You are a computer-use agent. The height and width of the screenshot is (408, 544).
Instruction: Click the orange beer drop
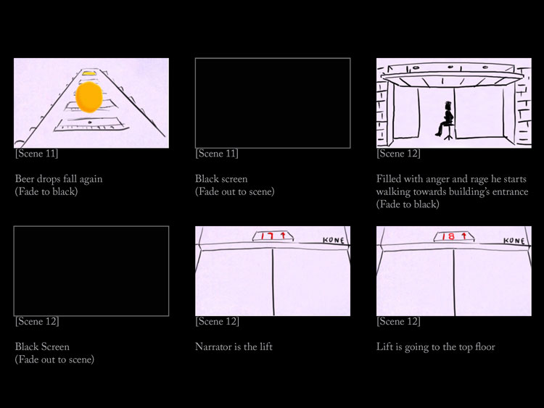[88, 97]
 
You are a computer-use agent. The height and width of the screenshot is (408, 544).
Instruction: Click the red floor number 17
[268, 236]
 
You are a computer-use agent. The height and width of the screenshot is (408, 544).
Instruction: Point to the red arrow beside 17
[283, 236]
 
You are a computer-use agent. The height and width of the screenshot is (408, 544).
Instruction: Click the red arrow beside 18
[464, 236]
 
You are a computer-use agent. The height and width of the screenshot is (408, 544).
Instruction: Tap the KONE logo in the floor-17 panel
[334, 240]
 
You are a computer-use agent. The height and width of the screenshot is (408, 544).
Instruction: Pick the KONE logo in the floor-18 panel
[514, 240]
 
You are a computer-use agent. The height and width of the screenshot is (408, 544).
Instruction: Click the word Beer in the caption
[25, 179]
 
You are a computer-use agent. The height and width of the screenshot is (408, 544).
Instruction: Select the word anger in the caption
[437, 180]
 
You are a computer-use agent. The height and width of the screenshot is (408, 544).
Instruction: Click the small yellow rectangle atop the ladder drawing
[89, 73]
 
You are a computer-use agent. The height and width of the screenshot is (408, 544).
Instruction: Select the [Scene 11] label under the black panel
[217, 154]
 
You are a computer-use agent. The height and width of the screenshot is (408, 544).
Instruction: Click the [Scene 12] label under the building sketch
[398, 154]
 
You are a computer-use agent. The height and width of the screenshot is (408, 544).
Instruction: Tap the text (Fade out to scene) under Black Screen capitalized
[54, 359]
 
